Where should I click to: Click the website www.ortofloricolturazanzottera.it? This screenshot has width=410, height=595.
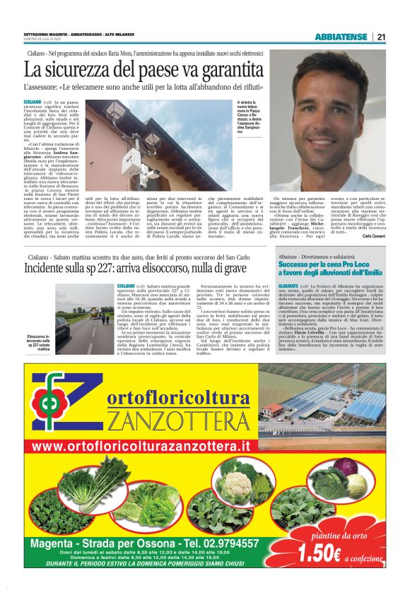coord(141,448)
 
